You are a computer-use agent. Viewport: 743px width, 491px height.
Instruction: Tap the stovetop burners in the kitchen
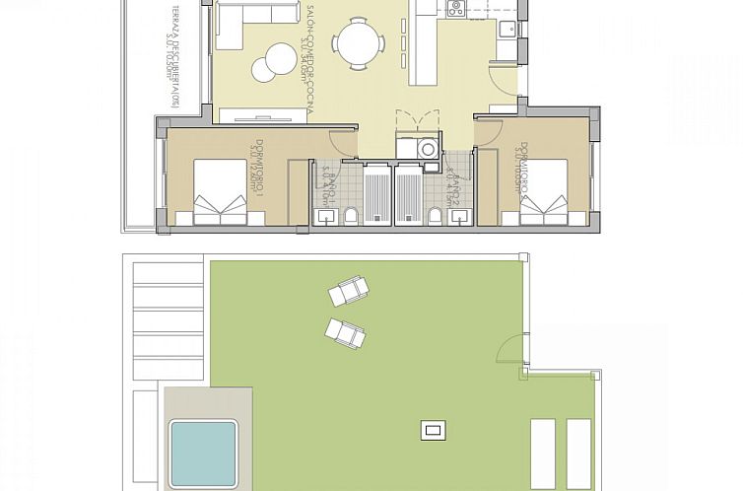456,9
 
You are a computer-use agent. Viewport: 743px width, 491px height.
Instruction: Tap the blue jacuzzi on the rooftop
204,451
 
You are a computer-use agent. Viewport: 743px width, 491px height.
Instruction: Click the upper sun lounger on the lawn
350,292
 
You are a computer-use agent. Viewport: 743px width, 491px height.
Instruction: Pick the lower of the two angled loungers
345,331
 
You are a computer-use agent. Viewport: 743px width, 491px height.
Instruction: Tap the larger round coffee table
266,70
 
